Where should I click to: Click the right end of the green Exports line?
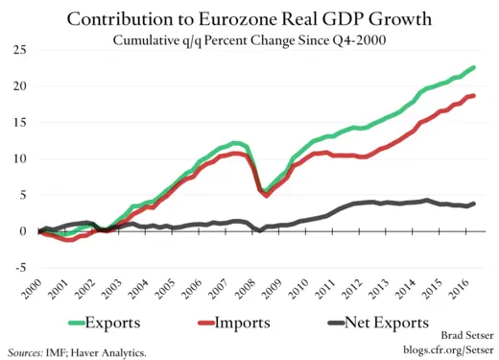[x=474, y=67]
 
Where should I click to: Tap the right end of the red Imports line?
[x=474, y=95]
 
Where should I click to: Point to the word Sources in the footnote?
[x=29, y=352]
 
